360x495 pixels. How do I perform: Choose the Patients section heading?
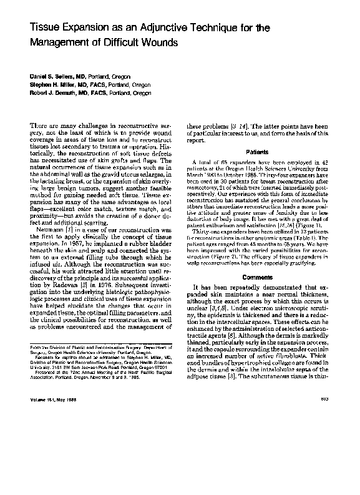click(258, 152)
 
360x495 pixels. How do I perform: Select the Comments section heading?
click(258, 258)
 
